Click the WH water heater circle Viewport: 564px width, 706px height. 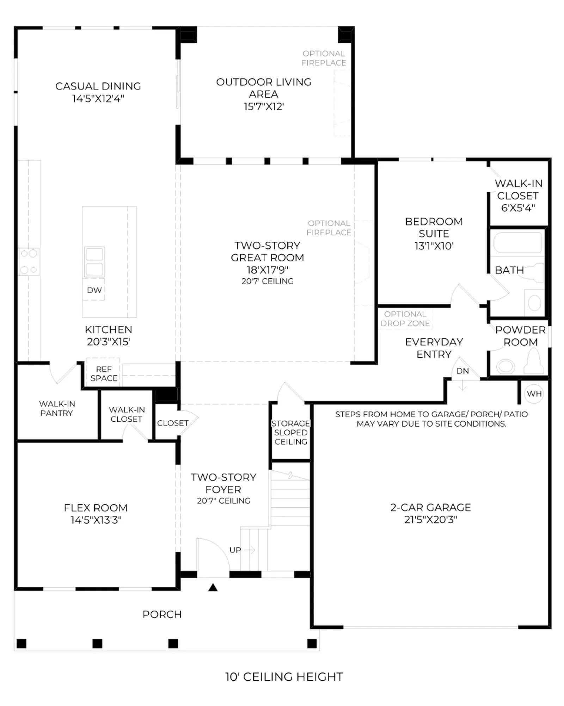pos(534,394)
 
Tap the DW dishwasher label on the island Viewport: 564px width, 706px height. pos(94,290)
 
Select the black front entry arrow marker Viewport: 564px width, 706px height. pos(213,587)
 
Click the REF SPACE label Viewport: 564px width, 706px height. pos(104,373)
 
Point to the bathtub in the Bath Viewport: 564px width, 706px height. pos(517,242)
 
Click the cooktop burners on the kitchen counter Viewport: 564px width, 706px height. pos(29,261)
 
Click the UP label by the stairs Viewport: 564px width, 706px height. pos(235,550)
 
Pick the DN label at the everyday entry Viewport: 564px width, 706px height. pos(462,371)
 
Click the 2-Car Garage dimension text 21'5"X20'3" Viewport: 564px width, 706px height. pos(430,520)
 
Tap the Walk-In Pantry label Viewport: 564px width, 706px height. pos(57,408)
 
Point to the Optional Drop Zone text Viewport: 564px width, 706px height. pos(405,318)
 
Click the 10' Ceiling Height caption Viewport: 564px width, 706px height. pos(284,677)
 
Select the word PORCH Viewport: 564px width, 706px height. pos(162,614)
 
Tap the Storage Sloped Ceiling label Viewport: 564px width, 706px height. pos(291,432)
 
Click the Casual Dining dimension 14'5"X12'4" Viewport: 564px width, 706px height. pos(98,98)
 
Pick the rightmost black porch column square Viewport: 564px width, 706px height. pos(312,644)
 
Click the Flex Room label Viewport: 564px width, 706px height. pos(96,508)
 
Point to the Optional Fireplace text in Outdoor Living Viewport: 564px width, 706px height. pos(324,58)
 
